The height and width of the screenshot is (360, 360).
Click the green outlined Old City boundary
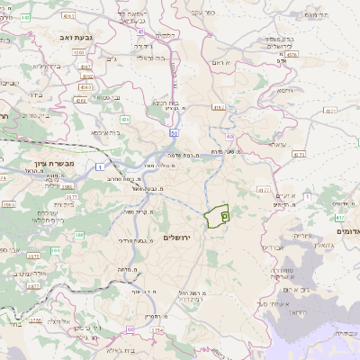click(216, 217)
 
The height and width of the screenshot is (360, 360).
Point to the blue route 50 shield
click(173, 131)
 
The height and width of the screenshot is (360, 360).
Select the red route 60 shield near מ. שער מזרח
click(230, 136)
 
